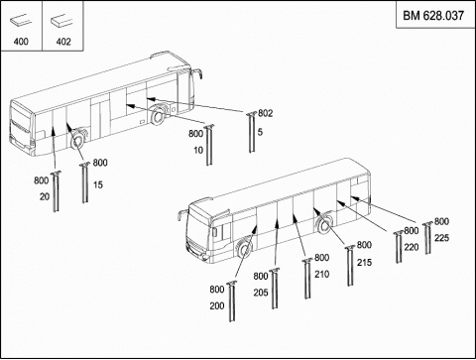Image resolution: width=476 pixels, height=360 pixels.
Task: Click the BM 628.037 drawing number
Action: [x=433, y=16]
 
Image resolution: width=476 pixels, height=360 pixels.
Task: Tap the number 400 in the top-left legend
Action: [x=21, y=42]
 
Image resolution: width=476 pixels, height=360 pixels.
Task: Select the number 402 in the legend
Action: [x=63, y=42]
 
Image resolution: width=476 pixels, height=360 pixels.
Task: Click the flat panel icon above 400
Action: [x=21, y=21]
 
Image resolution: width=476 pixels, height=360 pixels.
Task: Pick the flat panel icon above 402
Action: [x=61, y=21]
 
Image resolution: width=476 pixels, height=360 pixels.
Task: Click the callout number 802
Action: [x=266, y=113]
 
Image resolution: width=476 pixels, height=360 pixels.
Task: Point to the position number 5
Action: [x=260, y=132]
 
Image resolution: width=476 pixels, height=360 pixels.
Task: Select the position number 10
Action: [x=198, y=151]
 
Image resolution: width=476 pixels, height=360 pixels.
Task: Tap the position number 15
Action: [x=98, y=184]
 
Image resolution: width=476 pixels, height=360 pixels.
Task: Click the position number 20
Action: [x=45, y=196]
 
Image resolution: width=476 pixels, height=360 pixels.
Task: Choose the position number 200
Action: [x=217, y=305]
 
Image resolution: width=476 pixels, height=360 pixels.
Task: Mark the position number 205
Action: [x=261, y=293]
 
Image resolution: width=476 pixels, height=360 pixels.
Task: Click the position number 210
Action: [x=322, y=274]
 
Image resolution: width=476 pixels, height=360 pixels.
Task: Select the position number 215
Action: [x=364, y=263]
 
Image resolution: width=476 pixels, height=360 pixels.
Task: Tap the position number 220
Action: [x=412, y=247]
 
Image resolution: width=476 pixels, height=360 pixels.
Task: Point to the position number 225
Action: [x=441, y=238]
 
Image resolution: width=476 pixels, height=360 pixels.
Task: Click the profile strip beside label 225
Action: [x=427, y=238]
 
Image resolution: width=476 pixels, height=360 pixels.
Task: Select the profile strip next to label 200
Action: [x=232, y=301]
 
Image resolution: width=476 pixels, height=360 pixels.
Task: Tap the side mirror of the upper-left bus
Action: [x=197, y=73]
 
